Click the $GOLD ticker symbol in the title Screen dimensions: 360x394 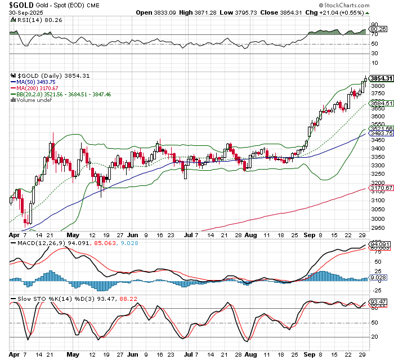(20, 5)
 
